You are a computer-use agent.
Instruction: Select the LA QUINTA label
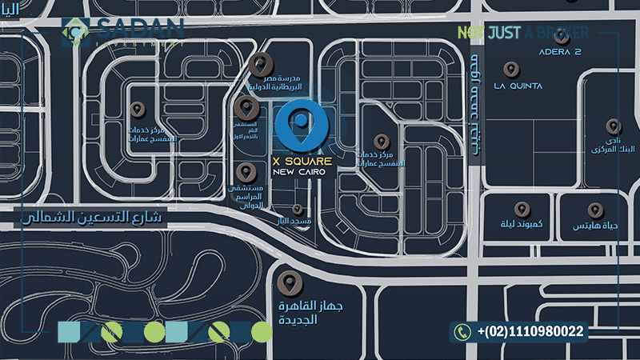(518, 86)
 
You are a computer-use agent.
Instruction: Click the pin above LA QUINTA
(510, 68)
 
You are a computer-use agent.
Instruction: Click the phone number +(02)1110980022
(530, 330)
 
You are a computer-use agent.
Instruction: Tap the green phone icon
(462, 330)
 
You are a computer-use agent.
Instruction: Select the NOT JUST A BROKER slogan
(522, 33)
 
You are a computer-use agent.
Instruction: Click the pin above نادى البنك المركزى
(613, 126)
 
